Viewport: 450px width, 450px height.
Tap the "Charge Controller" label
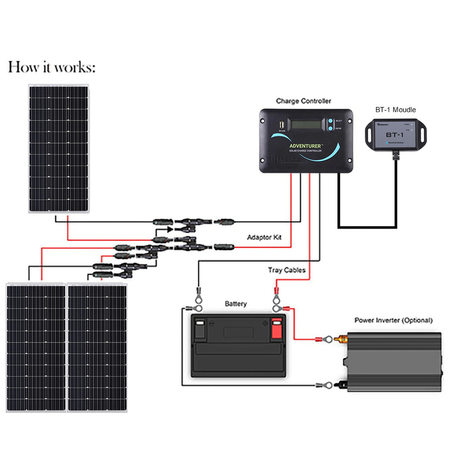point(303,101)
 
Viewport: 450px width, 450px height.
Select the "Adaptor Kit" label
point(265,237)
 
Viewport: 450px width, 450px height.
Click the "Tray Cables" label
point(287,270)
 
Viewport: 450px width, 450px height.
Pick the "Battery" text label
point(236,304)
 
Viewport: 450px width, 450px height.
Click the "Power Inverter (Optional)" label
point(393,320)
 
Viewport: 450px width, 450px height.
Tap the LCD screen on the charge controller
point(306,124)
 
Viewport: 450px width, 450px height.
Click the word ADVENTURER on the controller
point(306,146)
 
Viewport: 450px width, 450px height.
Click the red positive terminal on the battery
point(276,328)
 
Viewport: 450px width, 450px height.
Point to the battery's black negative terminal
point(200,328)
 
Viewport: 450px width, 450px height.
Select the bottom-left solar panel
point(36,348)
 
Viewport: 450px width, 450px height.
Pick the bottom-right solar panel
point(97,348)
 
